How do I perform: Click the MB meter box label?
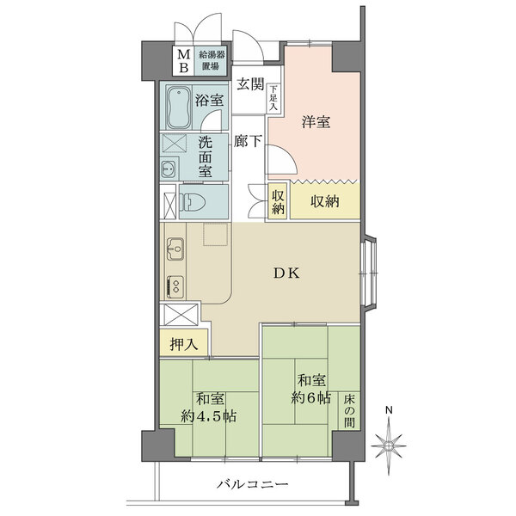[x=182, y=61]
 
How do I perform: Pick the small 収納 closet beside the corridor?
[x=278, y=203]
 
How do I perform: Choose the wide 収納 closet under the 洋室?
[x=323, y=203]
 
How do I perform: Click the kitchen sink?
[x=175, y=250]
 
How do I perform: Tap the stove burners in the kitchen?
[x=175, y=285]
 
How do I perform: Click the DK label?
[x=286, y=273]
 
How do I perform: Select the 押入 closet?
[x=183, y=345]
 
